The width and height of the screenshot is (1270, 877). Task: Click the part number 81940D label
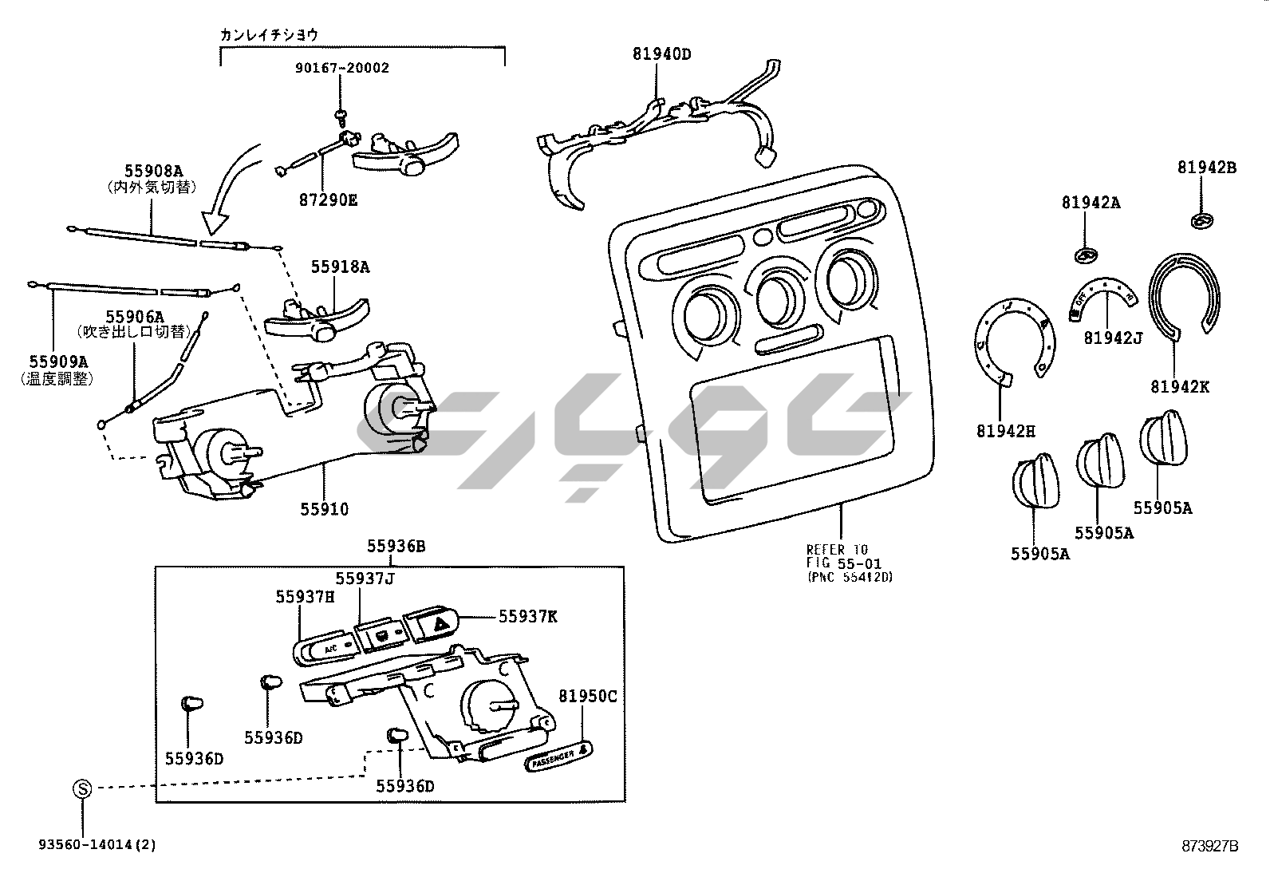(x=661, y=54)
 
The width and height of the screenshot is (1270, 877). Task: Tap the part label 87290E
(x=328, y=199)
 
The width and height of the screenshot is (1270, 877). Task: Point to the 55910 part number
(x=324, y=509)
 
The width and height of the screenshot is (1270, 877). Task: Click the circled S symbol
(x=82, y=789)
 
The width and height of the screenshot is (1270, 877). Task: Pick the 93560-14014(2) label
(x=96, y=845)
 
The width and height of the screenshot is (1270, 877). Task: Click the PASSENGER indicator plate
(x=559, y=757)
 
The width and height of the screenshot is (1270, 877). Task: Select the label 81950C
(x=587, y=696)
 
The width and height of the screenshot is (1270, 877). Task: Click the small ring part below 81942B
(x=1201, y=221)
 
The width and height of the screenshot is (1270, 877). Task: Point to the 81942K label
(x=1179, y=387)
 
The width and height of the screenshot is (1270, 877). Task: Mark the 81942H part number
(x=1004, y=432)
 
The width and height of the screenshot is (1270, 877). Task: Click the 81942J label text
(x=1112, y=338)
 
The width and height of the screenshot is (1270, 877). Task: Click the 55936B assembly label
(x=396, y=547)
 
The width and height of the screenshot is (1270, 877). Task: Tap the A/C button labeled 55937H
(x=328, y=649)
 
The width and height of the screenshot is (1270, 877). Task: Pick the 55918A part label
(x=340, y=267)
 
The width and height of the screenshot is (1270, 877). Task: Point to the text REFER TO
(x=836, y=550)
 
